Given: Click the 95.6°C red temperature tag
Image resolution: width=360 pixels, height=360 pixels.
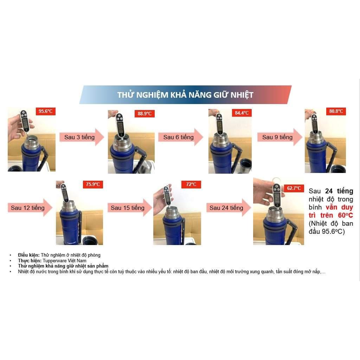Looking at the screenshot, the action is [x=45, y=111].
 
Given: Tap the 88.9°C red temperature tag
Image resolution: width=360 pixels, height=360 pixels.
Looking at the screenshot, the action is [x=144, y=114].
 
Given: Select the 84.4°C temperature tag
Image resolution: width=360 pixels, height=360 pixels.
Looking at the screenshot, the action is [x=242, y=113].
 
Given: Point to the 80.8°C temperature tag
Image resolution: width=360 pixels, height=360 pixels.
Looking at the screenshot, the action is [x=336, y=111].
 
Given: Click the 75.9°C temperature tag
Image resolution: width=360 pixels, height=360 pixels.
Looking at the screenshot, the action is [x=93, y=184].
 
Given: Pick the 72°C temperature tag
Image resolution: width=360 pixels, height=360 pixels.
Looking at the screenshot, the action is [x=191, y=184].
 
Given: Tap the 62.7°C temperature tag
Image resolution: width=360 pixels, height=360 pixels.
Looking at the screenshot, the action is [x=294, y=188].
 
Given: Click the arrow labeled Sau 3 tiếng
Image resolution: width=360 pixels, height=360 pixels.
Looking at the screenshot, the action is [x=82, y=137].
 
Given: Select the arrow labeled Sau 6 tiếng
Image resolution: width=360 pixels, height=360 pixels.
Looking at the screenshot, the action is [x=181, y=137].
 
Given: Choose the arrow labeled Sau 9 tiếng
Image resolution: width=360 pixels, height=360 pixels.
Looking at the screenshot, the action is [x=279, y=137].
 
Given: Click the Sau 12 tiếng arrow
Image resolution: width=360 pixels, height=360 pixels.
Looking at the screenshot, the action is [x=30, y=208].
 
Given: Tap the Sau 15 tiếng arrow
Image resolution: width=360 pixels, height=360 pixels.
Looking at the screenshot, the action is [x=130, y=208].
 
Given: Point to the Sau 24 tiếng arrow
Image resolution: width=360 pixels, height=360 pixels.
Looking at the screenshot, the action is [x=229, y=208].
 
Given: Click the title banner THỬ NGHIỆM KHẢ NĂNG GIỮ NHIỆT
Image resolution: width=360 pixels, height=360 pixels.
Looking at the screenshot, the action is [x=186, y=95].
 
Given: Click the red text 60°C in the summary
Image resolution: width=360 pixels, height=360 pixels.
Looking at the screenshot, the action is [x=345, y=216].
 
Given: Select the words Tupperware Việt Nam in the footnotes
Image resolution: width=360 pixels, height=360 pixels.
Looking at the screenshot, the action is [x=65, y=261].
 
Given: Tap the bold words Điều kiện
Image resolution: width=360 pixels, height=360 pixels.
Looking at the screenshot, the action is [x=29, y=255].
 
